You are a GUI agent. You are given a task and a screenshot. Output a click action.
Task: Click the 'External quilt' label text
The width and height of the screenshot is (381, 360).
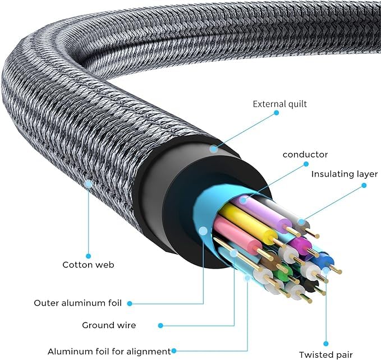tap(280, 104)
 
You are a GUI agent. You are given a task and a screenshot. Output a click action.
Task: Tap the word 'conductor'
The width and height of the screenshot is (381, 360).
tap(305, 154)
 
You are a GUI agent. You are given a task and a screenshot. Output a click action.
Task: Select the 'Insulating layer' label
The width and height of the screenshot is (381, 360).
tap(345, 174)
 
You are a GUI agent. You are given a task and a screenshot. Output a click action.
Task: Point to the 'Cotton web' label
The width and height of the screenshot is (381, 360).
tap(88, 265)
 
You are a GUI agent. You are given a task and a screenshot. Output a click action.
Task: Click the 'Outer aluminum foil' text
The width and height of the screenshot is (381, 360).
tap(77, 303)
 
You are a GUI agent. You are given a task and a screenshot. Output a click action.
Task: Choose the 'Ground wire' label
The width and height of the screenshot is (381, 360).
tap(109, 325)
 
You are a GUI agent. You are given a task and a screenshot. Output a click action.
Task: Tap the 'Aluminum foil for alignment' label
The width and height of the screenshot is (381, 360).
tap(109, 352)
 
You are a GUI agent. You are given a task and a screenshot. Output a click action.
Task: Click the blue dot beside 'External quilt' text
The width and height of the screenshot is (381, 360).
tap(276, 113)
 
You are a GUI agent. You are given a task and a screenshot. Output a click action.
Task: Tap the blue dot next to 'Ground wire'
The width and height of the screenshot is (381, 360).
tap(160, 325)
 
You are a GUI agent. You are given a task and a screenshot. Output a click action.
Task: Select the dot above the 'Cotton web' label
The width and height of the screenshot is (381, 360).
tap(88, 256)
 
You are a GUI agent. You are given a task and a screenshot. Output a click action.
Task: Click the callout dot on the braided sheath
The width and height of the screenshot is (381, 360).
tap(88, 183)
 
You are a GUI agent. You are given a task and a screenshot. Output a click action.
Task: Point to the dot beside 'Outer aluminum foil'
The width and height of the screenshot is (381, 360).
tap(130, 303)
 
